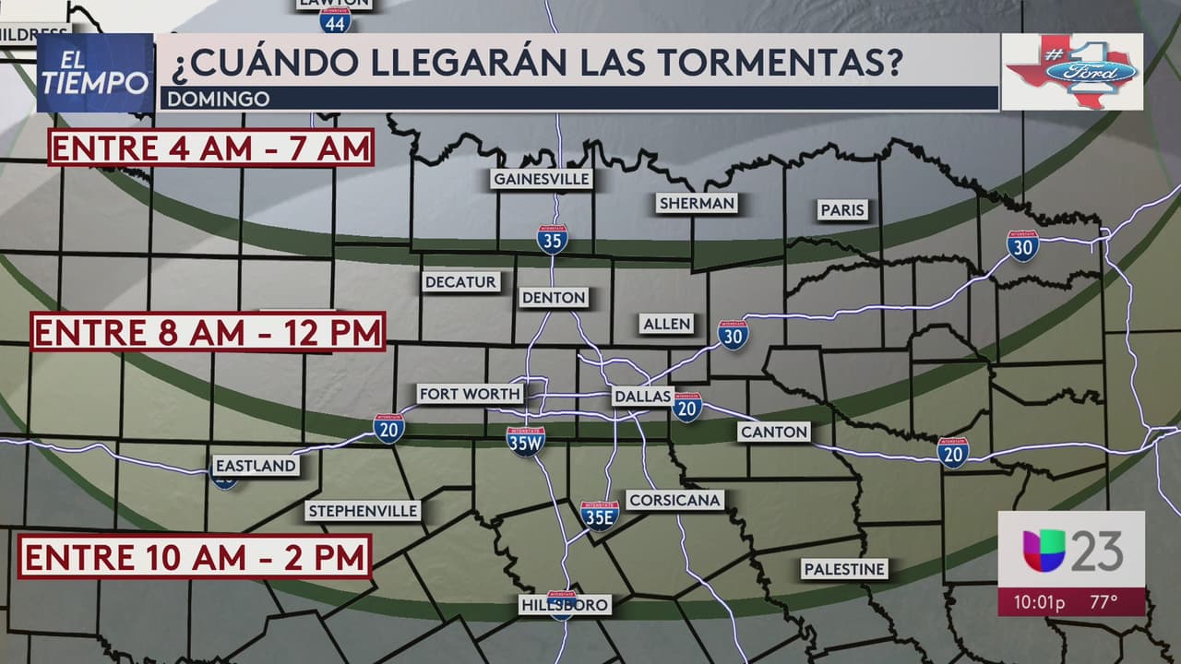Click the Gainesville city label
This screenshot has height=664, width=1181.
click(x=541, y=179)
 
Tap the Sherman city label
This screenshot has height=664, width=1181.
click(x=697, y=203)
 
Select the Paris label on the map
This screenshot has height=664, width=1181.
click(x=842, y=210)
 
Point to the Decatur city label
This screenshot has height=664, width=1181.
click(x=460, y=282)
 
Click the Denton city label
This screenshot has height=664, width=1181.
click(x=554, y=297)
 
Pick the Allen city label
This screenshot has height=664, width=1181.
click(x=666, y=323)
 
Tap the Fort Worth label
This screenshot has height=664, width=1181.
click(x=470, y=394)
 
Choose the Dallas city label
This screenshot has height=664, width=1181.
click(x=642, y=396)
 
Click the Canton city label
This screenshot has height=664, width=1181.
click(x=773, y=431)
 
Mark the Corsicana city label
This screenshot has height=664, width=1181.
click(x=674, y=500)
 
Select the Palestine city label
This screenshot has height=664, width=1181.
click(x=844, y=569)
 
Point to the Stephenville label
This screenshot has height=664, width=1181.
click(x=364, y=511)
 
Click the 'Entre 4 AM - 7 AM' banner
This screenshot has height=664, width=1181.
click(x=211, y=148)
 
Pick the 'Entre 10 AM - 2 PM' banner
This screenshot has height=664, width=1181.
click(x=196, y=556)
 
